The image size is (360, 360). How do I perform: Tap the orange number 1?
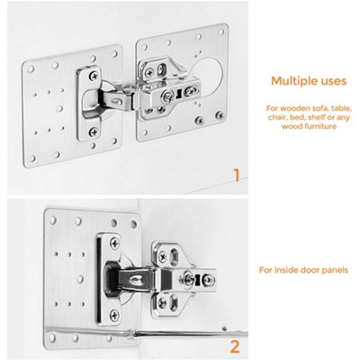point(238,174)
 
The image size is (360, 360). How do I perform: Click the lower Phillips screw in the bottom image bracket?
point(114,314)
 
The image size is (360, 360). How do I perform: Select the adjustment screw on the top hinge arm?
point(165,93)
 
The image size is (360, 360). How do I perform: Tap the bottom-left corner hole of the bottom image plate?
point(52,331)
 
